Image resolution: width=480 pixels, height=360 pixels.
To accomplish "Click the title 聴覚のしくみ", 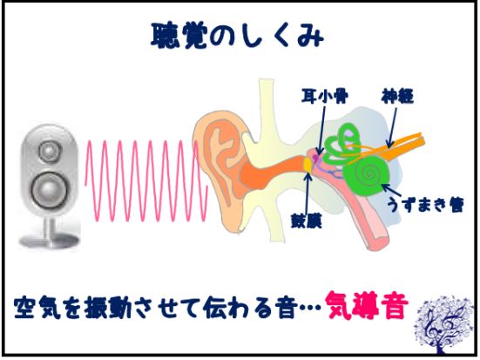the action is [x=237, y=37].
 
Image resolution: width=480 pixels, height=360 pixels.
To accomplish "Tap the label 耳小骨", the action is [x=324, y=97].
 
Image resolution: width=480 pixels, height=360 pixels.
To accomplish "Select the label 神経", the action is [x=397, y=96].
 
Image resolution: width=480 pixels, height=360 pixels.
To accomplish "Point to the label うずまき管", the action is [x=425, y=204].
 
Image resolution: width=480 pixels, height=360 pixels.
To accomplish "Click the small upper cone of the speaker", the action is [x=51, y=150].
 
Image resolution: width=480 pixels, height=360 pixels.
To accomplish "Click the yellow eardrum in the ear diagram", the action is [x=308, y=165].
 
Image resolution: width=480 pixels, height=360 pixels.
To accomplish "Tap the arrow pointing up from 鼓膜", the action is [x=308, y=192].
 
